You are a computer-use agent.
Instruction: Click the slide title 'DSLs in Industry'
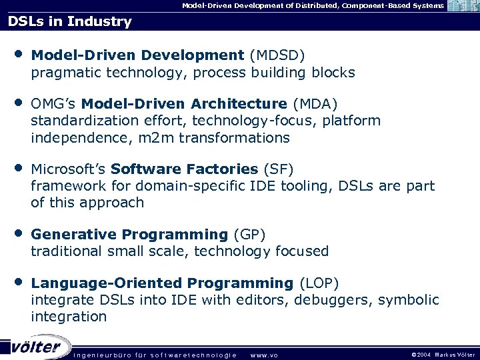[x=70, y=21]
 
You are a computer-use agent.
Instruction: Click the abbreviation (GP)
[x=249, y=234]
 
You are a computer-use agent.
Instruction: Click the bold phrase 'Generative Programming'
[x=129, y=234]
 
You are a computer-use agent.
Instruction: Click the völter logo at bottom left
[x=36, y=347]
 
